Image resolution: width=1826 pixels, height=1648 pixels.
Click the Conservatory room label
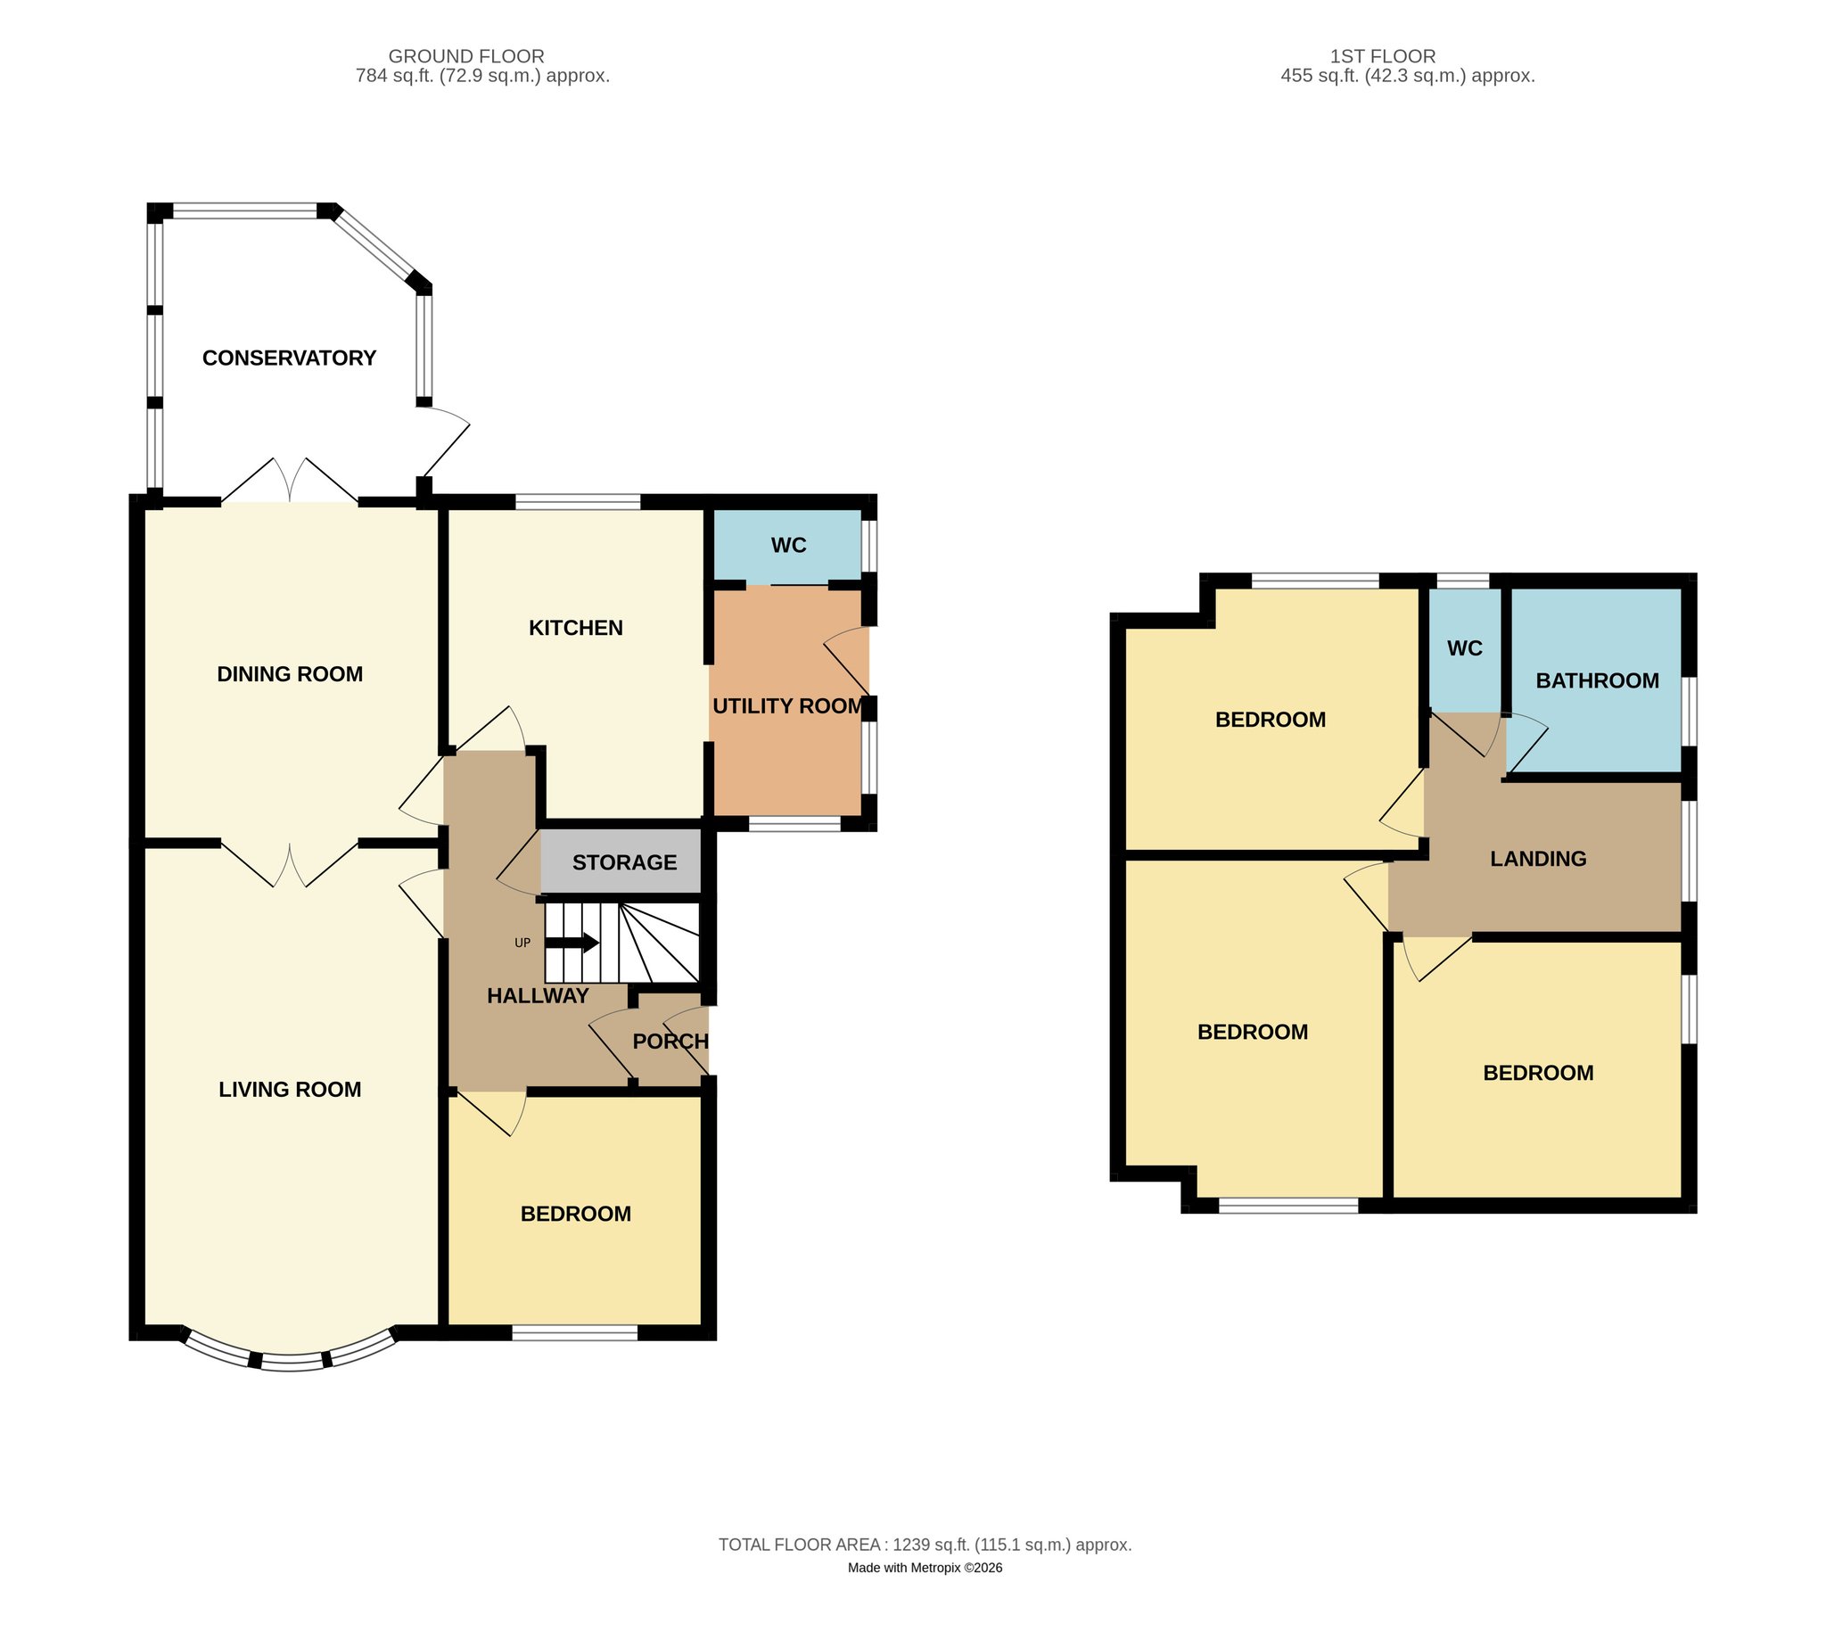click(289, 358)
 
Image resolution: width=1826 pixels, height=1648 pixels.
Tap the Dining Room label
click(290, 673)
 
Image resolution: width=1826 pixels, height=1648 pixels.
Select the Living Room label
click(290, 1090)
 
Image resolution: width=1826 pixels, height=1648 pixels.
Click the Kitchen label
click(576, 628)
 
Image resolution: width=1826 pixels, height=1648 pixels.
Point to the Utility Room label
click(787, 706)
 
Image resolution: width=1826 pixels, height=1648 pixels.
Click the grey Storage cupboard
click(621, 861)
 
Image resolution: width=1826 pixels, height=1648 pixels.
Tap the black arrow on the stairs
click(572, 943)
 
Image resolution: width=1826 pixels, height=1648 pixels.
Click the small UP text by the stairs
click(522, 943)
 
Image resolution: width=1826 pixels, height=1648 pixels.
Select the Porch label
click(670, 1042)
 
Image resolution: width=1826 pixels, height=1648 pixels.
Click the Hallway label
click(538, 996)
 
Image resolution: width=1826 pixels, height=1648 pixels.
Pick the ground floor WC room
click(787, 545)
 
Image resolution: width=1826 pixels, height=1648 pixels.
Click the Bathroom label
click(1597, 681)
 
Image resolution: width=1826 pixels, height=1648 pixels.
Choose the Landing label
click(1538, 859)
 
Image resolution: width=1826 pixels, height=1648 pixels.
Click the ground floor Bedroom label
click(576, 1214)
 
